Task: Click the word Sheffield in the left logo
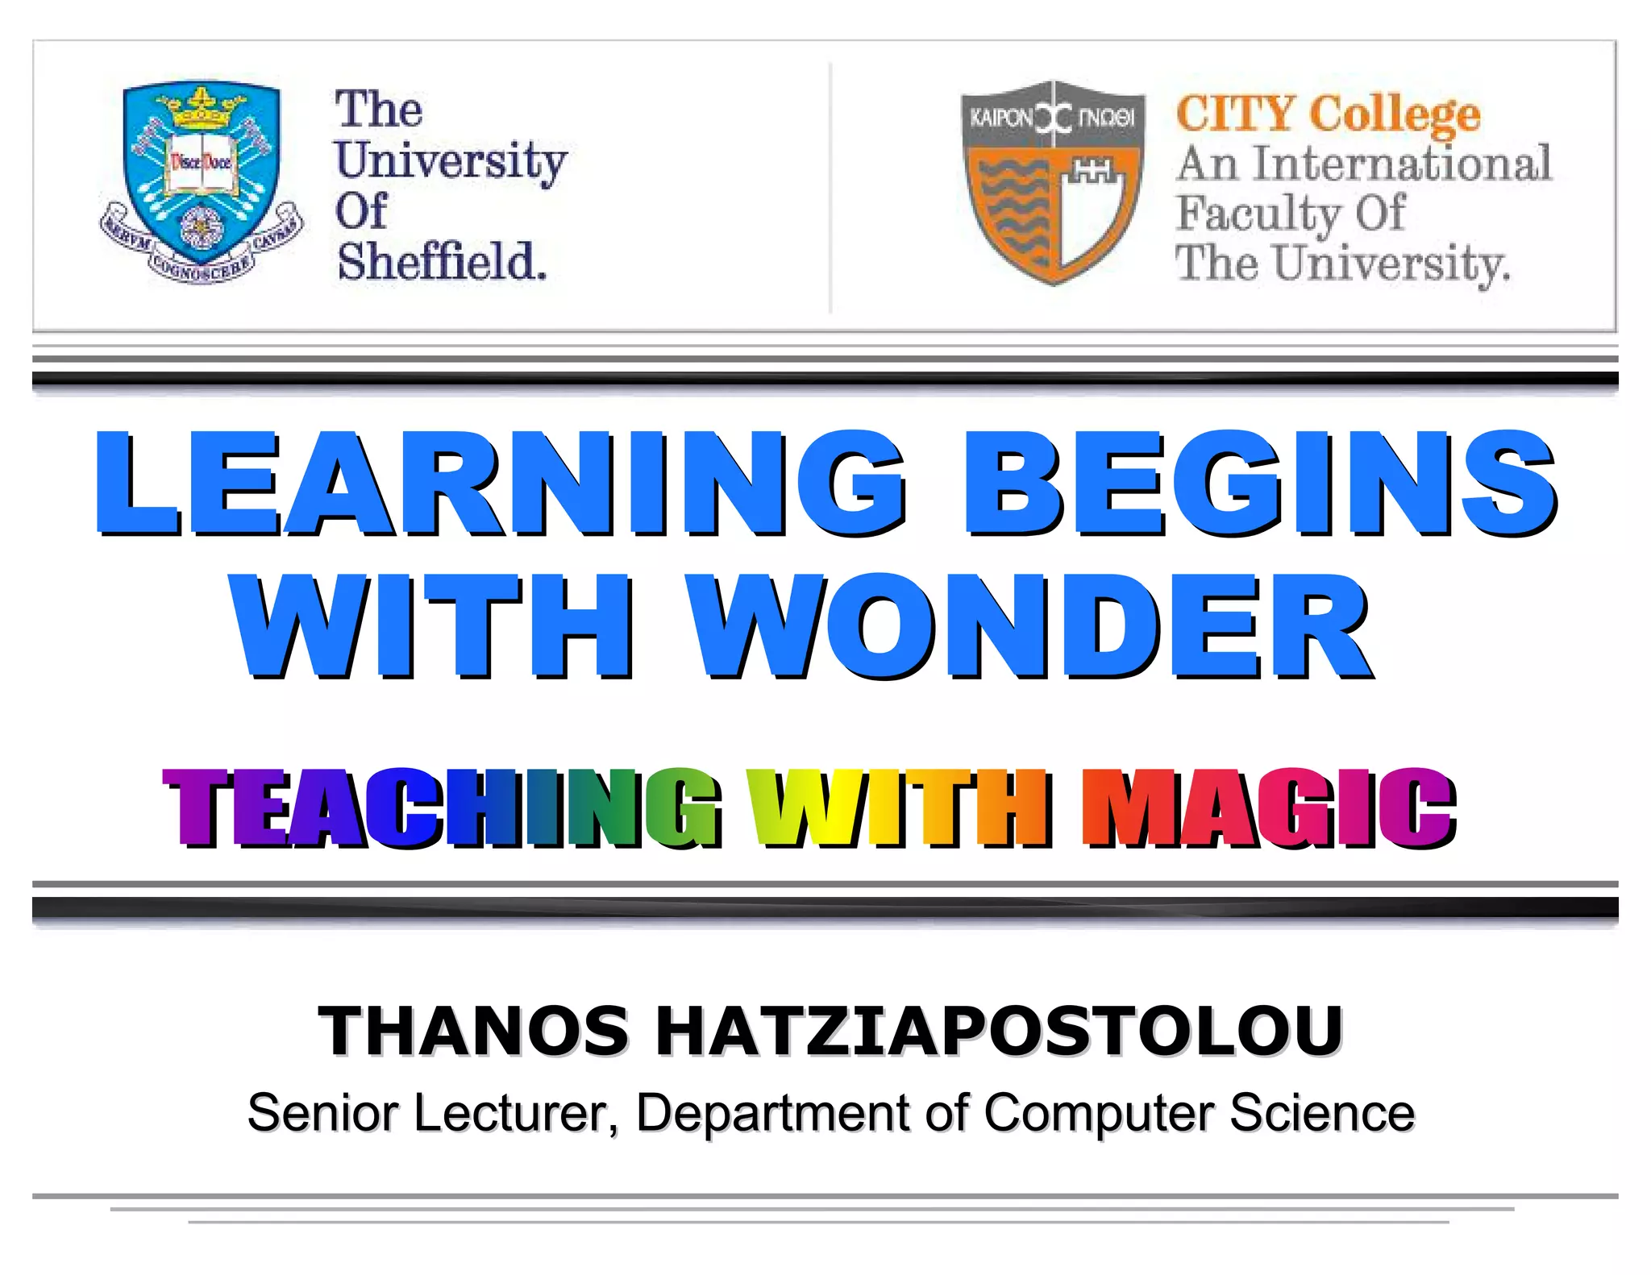pyautogui.click(x=442, y=262)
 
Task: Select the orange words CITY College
pyautogui.click(x=1328, y=114)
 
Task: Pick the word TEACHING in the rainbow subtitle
pyautogui.click(x=442, y=808)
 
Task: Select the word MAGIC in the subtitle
pyautogui.click(x=1268, y=808)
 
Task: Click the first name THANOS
pyautogui.click(x=474, y=1031)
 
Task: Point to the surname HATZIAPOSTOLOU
pyautogui.click(x=1000, y=1031)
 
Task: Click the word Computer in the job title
pyautogui.click(x=1098, y=1113)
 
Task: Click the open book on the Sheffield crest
pyautogui.click(x=200, y=164)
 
